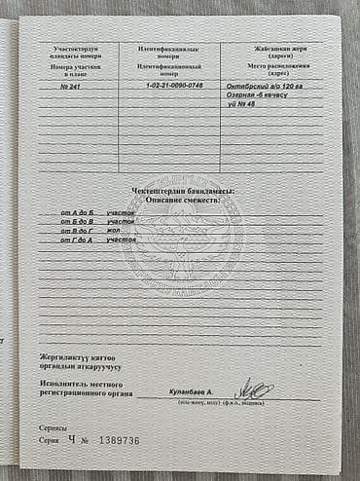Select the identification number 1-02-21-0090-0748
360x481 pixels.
(169, 86)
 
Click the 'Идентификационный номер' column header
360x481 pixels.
(169, 68)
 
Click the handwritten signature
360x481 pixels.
(255, 389)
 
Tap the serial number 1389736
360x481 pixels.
(118, 441)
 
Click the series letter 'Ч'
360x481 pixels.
(72, 440)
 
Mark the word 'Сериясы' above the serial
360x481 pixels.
(54, 428)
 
